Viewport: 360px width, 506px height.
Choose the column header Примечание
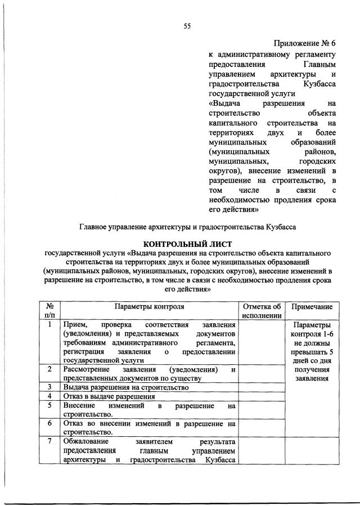[x=312, y=306]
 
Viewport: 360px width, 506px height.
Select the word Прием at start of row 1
[x=74, y=325]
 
